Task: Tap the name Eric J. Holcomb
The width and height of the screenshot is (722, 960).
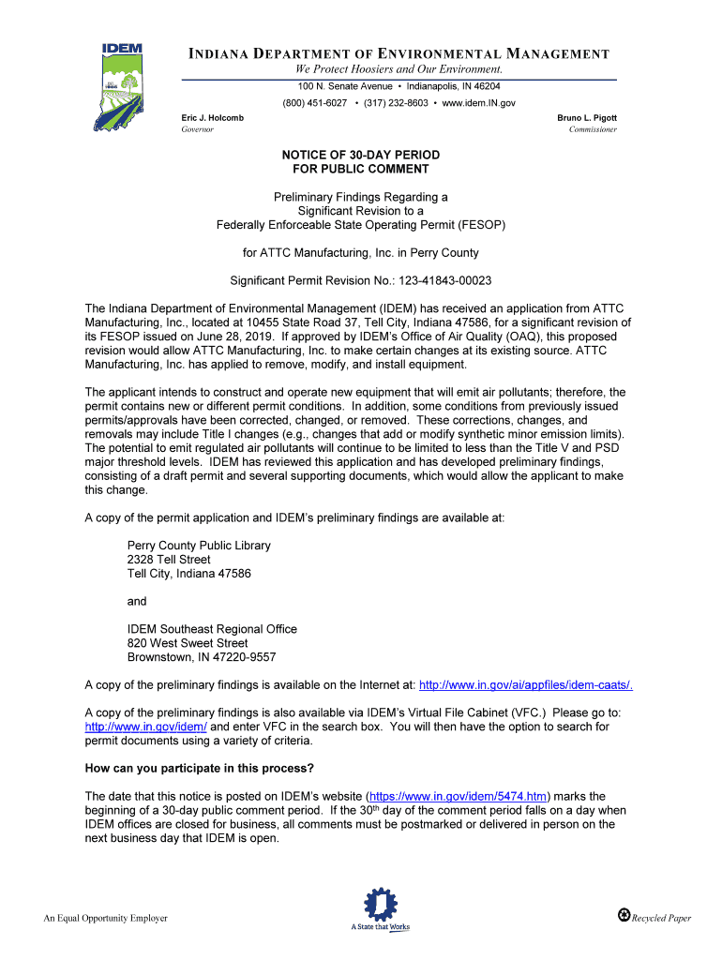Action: tap(212, 117)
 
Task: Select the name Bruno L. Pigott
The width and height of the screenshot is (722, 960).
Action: tap(587, 117)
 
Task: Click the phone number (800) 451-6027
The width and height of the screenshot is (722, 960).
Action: tap(314, 102)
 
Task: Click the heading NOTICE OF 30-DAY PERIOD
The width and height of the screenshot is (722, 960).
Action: tap(361, 155)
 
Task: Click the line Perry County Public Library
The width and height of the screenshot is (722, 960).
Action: tap(199, 546)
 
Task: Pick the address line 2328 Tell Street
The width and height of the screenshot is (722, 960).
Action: tap(169, 560)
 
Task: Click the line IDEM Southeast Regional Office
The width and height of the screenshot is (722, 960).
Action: tap(212, 629)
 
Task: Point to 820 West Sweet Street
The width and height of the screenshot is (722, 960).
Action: tap(188, 643)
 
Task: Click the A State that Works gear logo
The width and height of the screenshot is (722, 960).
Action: tap(380, 909)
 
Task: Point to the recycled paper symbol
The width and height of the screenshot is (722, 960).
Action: tap(624, 915)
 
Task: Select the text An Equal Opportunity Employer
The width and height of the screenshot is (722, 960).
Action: tap(106, 918)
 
